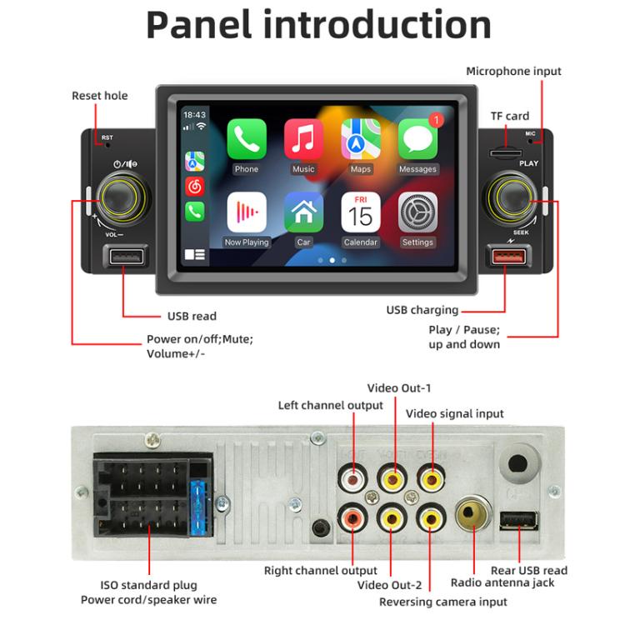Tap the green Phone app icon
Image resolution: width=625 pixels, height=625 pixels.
point(247,140)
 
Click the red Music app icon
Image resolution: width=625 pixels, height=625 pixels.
point(303,140)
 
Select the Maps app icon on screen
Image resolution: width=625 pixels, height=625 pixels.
point(361,140)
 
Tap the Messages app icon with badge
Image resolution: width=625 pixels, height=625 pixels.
point(417,140)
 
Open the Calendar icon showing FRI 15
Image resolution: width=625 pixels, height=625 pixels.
point(361,213)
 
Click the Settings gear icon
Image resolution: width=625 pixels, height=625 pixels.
point(417,213)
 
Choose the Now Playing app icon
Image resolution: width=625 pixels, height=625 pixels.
point(247,213)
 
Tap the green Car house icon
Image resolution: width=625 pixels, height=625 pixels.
point(303,213)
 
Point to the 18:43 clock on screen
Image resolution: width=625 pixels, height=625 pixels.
point(194,115)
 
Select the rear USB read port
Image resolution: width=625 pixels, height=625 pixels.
point(518,521)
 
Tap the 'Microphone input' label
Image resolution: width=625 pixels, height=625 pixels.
point(513,72)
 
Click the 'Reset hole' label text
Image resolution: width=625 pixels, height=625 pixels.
point(100,96)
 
